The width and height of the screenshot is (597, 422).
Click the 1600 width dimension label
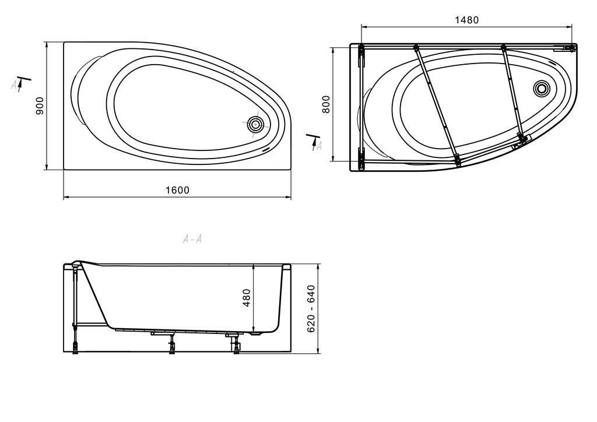(x=177, y=190)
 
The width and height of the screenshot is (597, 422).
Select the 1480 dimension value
(x=467, y=20)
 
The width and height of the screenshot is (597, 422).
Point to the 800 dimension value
(x=326, y=104)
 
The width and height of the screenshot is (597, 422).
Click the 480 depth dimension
(x=247, y=298)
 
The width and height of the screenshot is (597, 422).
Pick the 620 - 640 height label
(x=311, y=308)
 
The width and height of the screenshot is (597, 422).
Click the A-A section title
(x=192, y=239)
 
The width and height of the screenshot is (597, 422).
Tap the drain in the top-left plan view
(x=255, y=124)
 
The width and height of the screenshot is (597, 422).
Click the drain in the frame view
(x=541, y=88)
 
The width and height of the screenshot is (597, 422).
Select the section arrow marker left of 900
(x=21, y=85)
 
